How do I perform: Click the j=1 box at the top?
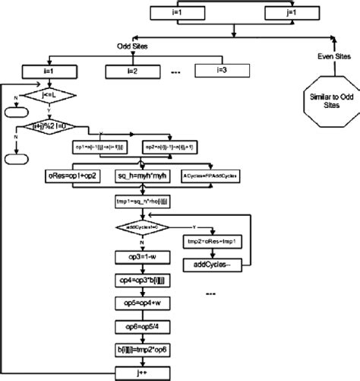(x=292, y=13)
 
